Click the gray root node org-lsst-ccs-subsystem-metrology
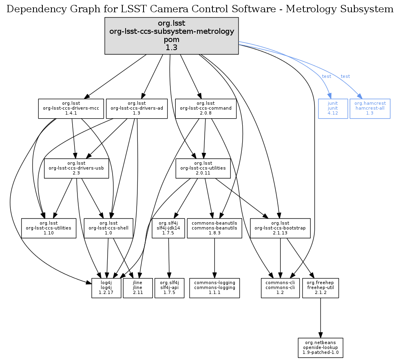coord(171,35)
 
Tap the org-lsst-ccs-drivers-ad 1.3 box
coord(137,108)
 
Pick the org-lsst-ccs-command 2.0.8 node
coord(206,108)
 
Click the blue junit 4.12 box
coord(333,108)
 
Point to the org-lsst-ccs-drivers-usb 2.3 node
coord(76,168)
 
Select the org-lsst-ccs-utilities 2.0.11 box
coord(203,168)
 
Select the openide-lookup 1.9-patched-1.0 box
coord(320,347)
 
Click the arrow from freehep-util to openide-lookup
coord(320,318)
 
